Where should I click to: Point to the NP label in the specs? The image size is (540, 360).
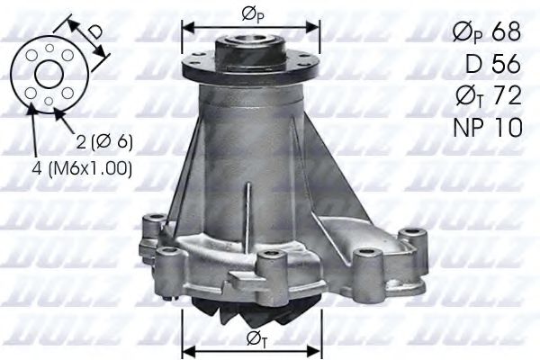pos(467,127)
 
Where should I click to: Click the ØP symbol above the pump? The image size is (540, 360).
pos(252,14)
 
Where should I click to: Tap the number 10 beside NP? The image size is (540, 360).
pos(508,127)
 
